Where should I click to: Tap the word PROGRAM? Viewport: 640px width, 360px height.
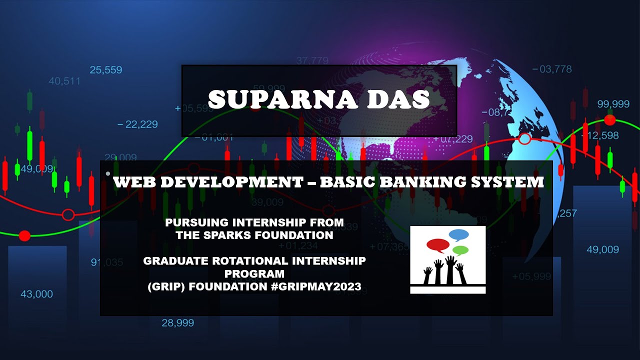click(254, 274)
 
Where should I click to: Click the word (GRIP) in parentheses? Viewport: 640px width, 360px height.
click(168, 287)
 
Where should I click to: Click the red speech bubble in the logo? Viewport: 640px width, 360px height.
click(438, 245)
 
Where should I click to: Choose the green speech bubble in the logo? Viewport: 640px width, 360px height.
click(460, 250)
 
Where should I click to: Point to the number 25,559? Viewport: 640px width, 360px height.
click(106, 70)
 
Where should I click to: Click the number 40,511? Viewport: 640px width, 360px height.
click(64, 80)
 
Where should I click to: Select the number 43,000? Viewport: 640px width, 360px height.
click(36, 294)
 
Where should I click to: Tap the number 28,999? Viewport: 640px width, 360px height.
click(177, 323)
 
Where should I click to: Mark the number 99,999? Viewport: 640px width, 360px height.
click(613, 104)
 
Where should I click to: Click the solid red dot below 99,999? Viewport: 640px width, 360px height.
click(609, 120)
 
